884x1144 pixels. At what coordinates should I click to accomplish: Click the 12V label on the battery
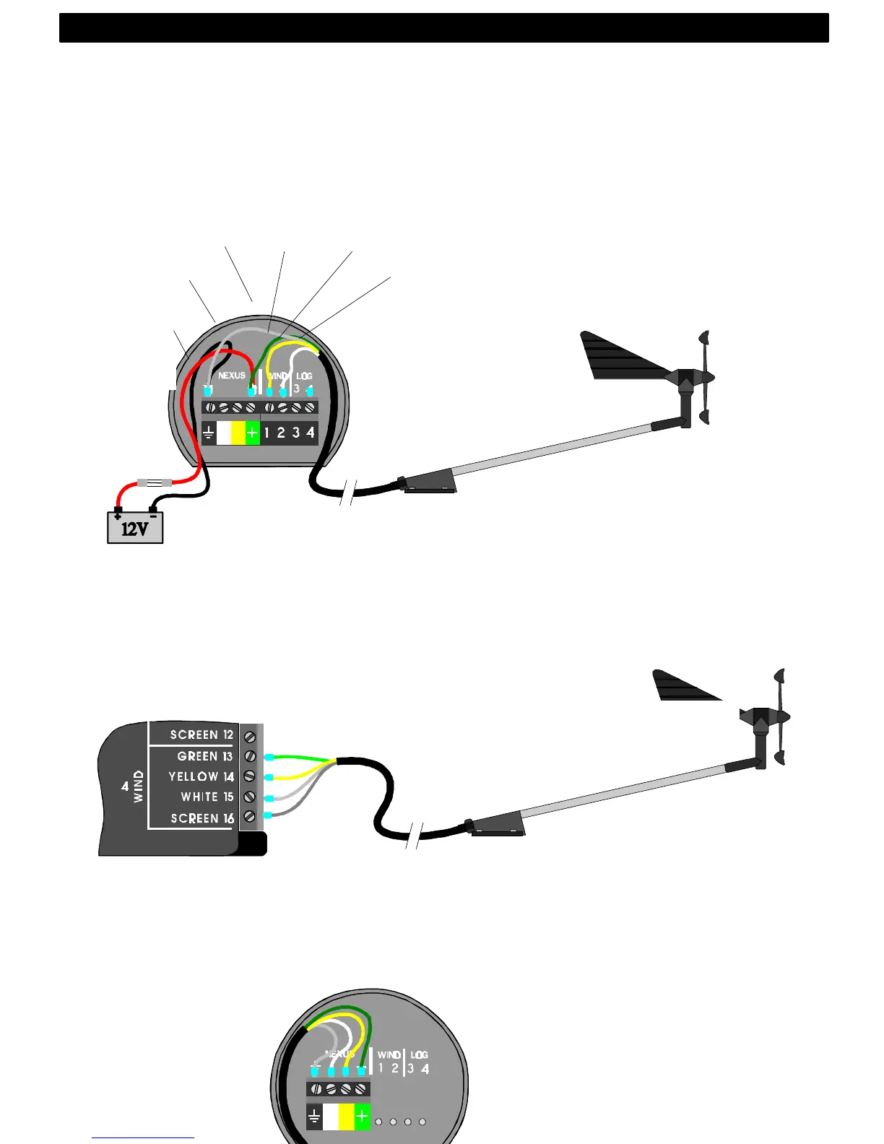point(134,529)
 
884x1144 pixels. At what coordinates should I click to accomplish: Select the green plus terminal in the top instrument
point(252,433)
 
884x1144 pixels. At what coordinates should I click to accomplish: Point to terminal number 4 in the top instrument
point(311,433)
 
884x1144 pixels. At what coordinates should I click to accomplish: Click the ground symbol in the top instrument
point(209,433)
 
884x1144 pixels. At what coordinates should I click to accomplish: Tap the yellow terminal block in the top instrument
point(238,433)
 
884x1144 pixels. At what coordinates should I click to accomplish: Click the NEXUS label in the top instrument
point(232,376)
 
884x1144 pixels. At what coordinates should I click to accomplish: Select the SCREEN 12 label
point(201,734)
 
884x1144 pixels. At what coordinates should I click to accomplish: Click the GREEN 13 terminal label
point(205,756)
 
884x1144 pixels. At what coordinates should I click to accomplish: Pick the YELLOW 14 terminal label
point(201,776)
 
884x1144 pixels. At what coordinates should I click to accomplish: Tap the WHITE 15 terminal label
point(207,797)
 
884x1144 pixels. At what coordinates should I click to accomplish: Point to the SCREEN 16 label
point(202,818)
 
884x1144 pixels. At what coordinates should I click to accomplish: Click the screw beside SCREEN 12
point(250,737)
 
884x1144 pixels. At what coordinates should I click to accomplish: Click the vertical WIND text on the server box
point(139,786)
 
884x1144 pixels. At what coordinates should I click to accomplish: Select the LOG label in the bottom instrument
point(419,1055)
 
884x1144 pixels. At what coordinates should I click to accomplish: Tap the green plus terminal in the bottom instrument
point(362,1117)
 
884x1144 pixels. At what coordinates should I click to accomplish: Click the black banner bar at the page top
point(443,27)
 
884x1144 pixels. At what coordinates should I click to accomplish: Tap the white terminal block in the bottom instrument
point(331,1117)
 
